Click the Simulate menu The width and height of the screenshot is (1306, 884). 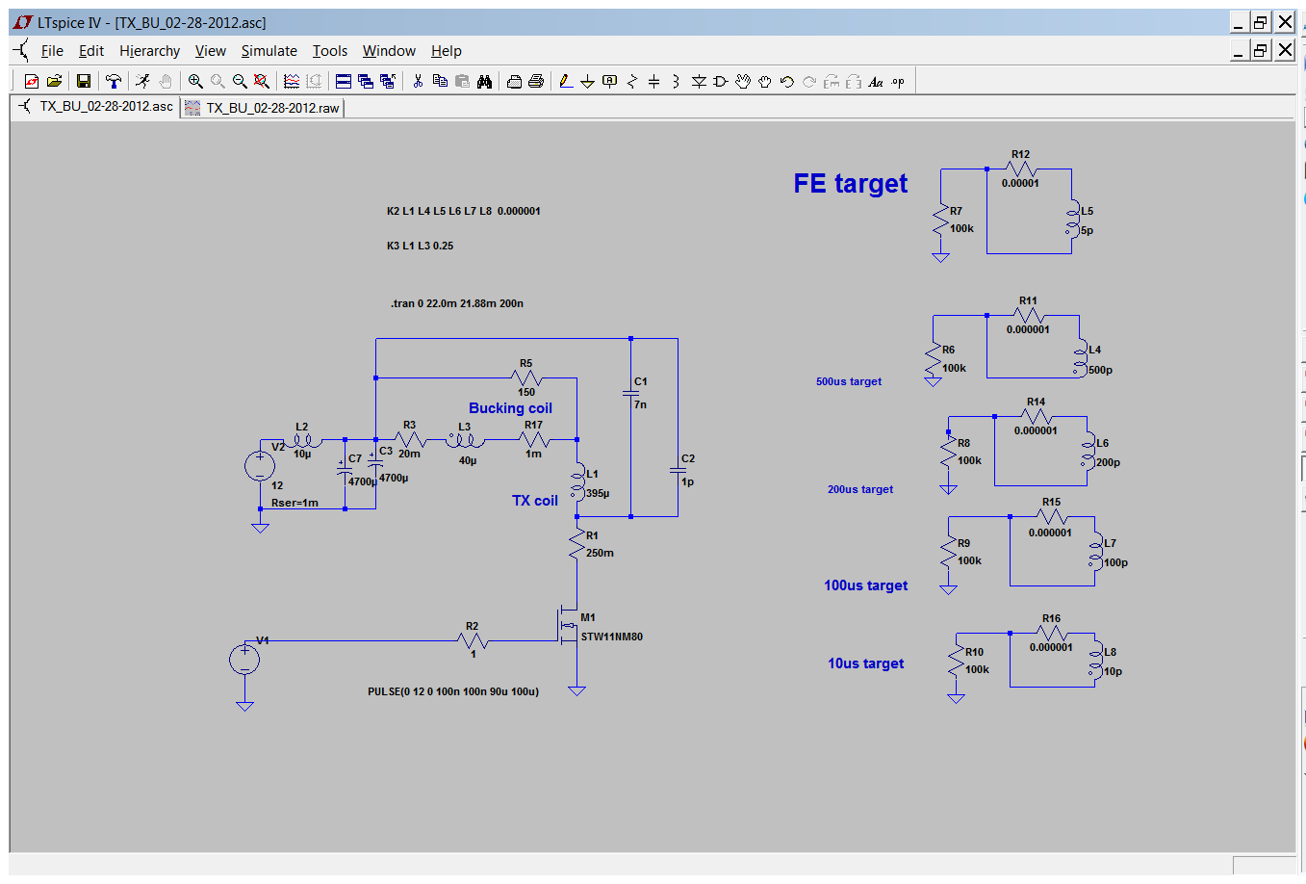(269, 51)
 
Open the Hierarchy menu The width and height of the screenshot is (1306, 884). (149, 51)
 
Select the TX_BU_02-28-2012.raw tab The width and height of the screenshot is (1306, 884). (271, 108)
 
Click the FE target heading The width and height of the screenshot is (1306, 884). (850, 183)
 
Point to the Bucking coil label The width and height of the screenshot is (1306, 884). (510, 408)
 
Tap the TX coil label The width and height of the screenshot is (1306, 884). (534, 501)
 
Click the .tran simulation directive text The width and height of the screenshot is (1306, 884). (457, 303)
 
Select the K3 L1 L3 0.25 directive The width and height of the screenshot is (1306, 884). (420, 246)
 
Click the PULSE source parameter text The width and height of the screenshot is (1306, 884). (453, 691)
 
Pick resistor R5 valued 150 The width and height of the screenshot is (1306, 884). (526, 377)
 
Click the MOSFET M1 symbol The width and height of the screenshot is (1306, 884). (567, 625)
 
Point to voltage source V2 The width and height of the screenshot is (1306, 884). (260, 466)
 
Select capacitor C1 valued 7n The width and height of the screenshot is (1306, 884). (631, 393)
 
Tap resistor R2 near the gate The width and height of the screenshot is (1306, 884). (473, 640)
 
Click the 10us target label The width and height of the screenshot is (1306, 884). (865, 663)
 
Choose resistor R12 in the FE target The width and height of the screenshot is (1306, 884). (1020, 169)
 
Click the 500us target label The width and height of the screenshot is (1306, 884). (848, 381)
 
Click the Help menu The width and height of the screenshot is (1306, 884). (446, 51)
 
